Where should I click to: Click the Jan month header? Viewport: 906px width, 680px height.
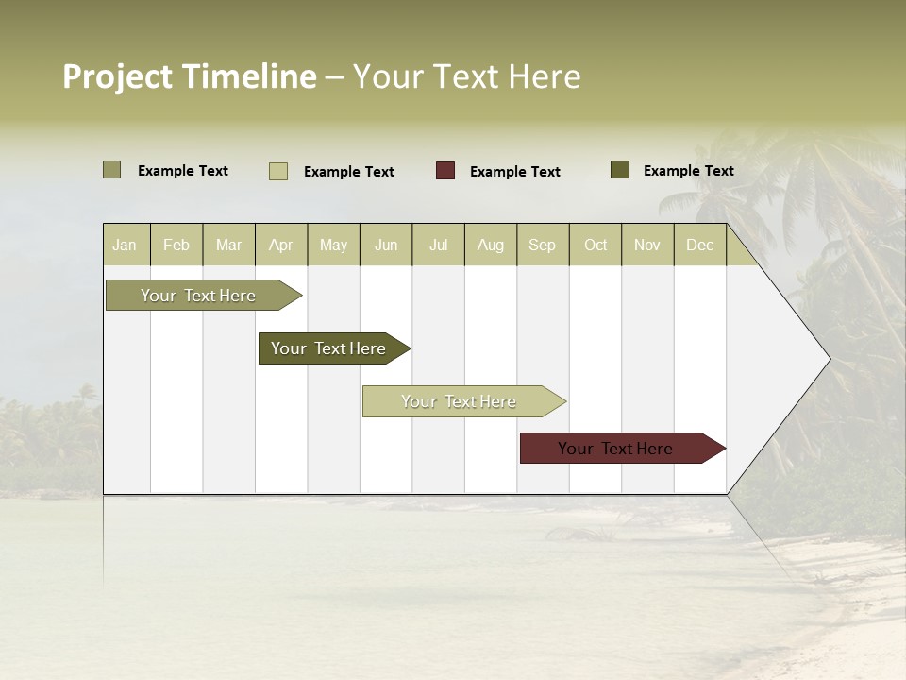pyautogui.click(x=126, y=245)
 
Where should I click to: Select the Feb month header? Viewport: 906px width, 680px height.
pyautogui.click(x=176, y=245)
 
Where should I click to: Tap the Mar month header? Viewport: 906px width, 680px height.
pyautogui.click(x=228, y=245)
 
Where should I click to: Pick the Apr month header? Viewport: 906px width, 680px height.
pyautogui.click(x=281, y=245)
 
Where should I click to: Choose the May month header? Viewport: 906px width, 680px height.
pyautogui.click(x=333, y=245)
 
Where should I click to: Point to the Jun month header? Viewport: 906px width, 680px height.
pyautogui.click(x=386, y=245)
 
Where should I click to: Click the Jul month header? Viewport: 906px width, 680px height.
pyautogui.click(x=438, y=245)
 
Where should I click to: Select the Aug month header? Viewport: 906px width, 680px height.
pyautogui.click(x=491, y=245)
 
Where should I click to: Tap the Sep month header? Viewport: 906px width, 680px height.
pyautogui.click(x=543, y=245)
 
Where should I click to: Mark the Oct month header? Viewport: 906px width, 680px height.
pyautogui.click(x=596, y=245)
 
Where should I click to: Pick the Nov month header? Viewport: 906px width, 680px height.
pyautogui.click(x=647, y=245)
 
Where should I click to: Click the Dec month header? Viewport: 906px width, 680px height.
pyautogui.click(x=700, y=245)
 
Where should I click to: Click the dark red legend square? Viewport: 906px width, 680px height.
pyautogui.click(x=445, y=171)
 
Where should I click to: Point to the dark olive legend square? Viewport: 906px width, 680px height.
pyautogui.click(x=619, y=170)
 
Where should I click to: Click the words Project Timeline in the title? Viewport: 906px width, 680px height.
pyautogui.click(x=190, y=76)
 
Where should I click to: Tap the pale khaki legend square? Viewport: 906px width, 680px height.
pyautogui.click(x=278, y=171)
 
